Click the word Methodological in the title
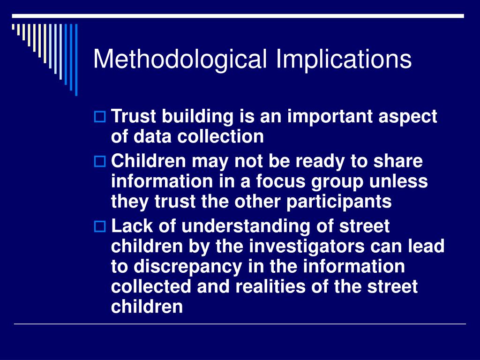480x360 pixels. click(181, 60)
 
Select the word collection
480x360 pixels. click(220, 137)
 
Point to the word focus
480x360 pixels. click(276, 181)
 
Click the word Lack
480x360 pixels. click(129, 226)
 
